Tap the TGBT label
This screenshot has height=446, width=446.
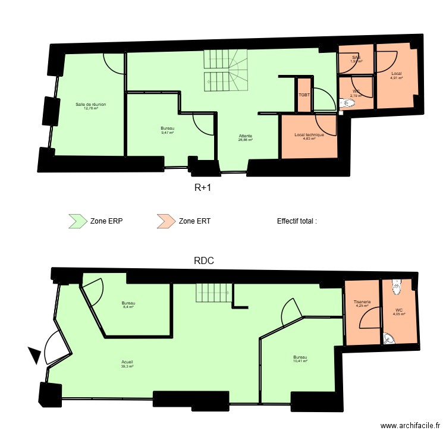303,95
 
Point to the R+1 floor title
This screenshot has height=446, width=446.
203,187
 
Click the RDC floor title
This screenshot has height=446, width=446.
203,260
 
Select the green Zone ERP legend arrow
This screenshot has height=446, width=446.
77,221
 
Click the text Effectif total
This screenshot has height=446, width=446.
297,221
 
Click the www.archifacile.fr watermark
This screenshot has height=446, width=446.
410,426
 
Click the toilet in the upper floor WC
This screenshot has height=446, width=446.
348,103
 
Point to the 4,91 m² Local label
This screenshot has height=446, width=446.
396,76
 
